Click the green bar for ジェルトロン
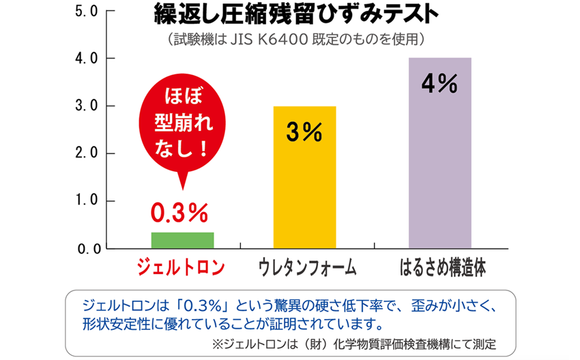(182, 240)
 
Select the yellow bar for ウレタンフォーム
(305, 177)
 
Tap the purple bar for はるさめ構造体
(439, 153)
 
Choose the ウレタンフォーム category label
(308, 267)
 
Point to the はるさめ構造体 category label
(442, 267)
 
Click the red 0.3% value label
(179, 213)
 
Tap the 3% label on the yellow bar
(304, 133)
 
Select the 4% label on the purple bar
(439, 84)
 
